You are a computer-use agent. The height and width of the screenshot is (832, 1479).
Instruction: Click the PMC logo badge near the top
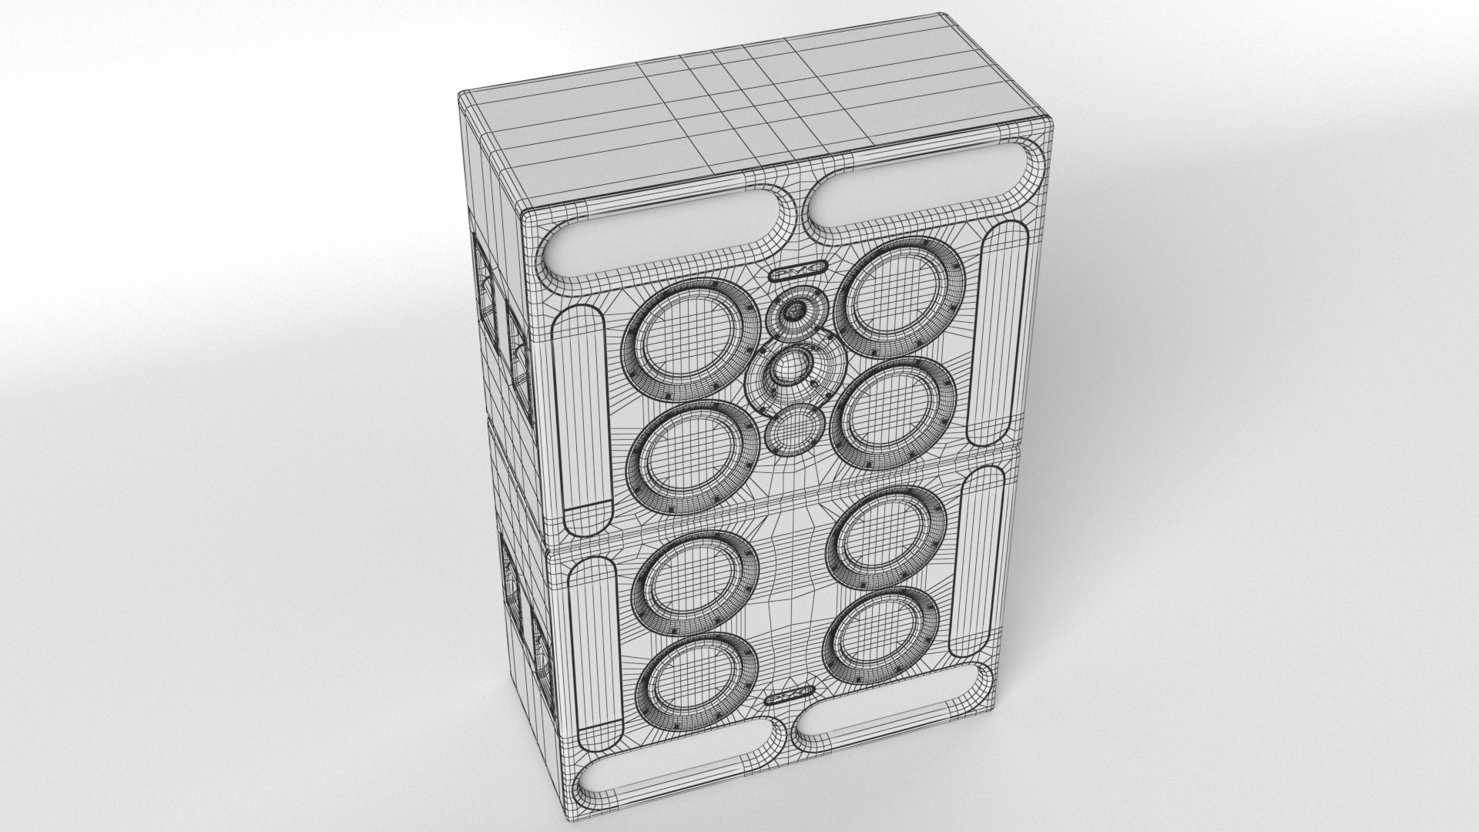coord(797,271)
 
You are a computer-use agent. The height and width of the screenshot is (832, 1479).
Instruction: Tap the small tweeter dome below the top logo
coord(793,311)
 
